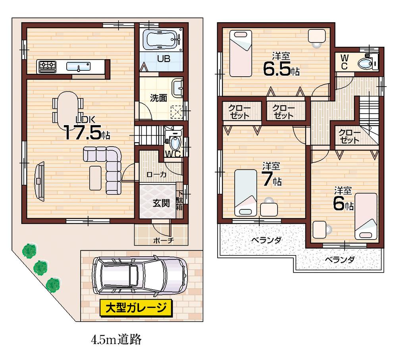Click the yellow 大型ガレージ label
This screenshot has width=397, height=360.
tap(136, 308)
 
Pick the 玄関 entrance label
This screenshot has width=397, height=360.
tap(161, 203)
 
